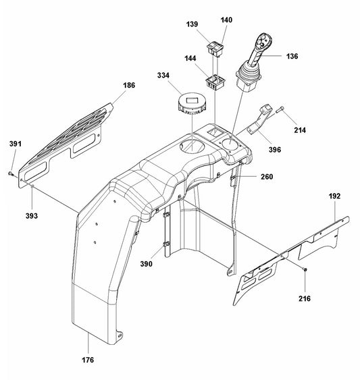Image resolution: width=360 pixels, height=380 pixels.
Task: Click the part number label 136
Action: point(291,56)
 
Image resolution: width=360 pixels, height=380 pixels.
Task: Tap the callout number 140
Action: point(226,20)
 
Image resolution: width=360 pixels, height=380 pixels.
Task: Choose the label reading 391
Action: point(15,144)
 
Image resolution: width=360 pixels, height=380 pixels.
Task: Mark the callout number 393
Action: point(32,215)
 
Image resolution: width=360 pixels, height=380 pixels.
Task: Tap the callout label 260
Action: point(265,178)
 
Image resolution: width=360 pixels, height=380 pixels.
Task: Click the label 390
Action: point(147,264)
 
